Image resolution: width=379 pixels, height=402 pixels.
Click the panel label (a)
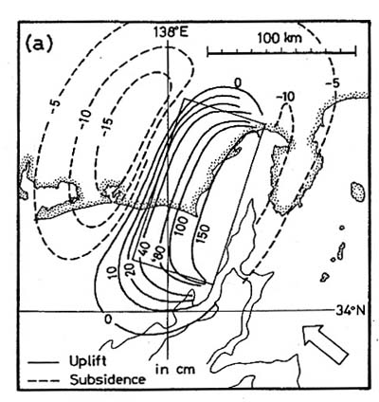coord(39,46)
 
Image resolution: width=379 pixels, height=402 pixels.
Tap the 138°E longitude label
coord(171,32)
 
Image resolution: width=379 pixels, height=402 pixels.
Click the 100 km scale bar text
coord(280,38)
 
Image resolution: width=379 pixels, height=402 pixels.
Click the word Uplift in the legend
coord(88,361)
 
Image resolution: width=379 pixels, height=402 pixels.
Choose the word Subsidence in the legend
coord(108,379)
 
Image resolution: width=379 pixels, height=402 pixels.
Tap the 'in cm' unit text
coord(175,369)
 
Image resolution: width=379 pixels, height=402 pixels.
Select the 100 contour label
coord(182,227)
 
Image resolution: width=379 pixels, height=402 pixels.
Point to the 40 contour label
coord(143,249)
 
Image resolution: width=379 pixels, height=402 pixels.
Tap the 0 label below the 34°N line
coord(108,320)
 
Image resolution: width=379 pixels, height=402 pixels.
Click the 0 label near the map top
coord(238,83)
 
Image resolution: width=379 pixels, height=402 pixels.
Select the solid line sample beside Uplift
coord(44,362)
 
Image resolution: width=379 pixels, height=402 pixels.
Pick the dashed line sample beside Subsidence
coord(44,380)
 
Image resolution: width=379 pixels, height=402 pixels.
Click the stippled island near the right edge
coord(358,192)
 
